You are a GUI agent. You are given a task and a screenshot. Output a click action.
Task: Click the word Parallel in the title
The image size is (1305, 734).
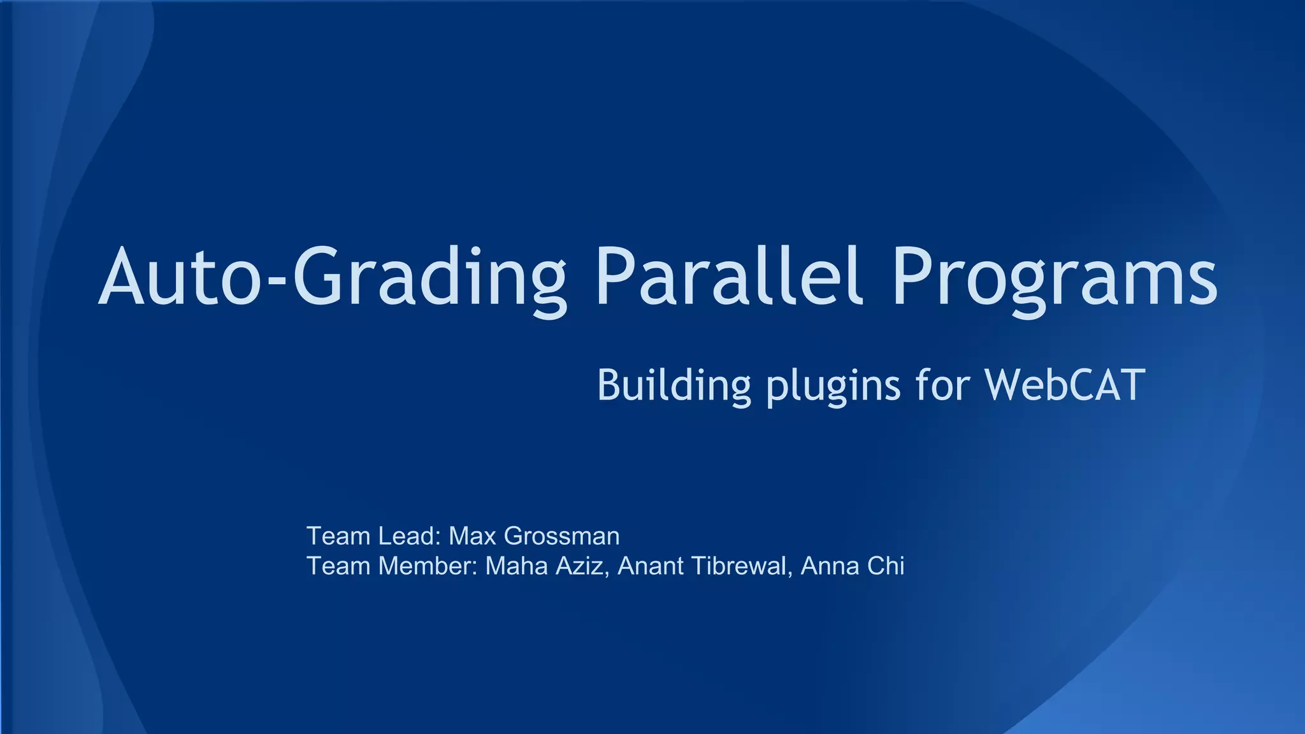click(x=729, y=277)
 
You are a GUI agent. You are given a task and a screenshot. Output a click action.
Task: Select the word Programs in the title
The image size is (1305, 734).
click(x=1054, y=280)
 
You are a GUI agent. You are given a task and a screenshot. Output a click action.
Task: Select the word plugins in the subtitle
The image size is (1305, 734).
click(x=833, y=387)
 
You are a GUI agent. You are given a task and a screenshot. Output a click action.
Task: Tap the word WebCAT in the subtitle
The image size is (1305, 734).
click(x=1065, y=385)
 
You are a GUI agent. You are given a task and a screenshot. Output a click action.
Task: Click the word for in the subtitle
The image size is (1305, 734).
click(x=942, y=385)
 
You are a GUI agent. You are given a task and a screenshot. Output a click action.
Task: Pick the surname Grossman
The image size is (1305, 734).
click(x=561, y=536)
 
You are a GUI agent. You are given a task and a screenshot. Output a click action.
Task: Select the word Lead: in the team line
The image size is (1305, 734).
click(x=409, y=536)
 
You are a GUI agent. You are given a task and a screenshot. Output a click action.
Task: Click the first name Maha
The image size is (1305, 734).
click(x=516, y=566)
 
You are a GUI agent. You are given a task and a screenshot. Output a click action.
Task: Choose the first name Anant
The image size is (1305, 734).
click(x=650, y=566)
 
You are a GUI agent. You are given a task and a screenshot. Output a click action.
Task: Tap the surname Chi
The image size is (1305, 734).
click(x=886, y=566)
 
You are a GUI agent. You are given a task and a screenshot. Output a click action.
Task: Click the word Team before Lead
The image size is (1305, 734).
click(x=338, y=536)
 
